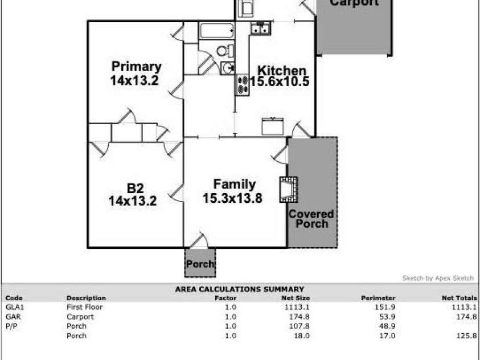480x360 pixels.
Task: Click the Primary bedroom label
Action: [136, 67]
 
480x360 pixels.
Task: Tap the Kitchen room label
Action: [282, 71]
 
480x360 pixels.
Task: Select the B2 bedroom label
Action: [135, 187]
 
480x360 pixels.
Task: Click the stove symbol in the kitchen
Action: [243, 85]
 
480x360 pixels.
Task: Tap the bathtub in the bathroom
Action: [216, 31]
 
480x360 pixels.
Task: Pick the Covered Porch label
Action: [311, 219]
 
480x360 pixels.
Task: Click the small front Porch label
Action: [200, 264]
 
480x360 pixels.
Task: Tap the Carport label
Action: [354, 3]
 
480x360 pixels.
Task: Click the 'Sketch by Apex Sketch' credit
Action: [437, 278]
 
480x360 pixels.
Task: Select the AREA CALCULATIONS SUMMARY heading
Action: [239, 289]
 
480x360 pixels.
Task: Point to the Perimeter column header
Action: [378, 298]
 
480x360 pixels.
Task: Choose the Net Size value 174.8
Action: [299, 317]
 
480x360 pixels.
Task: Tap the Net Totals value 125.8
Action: [466, 336]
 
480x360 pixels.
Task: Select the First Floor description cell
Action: [83, 306]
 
